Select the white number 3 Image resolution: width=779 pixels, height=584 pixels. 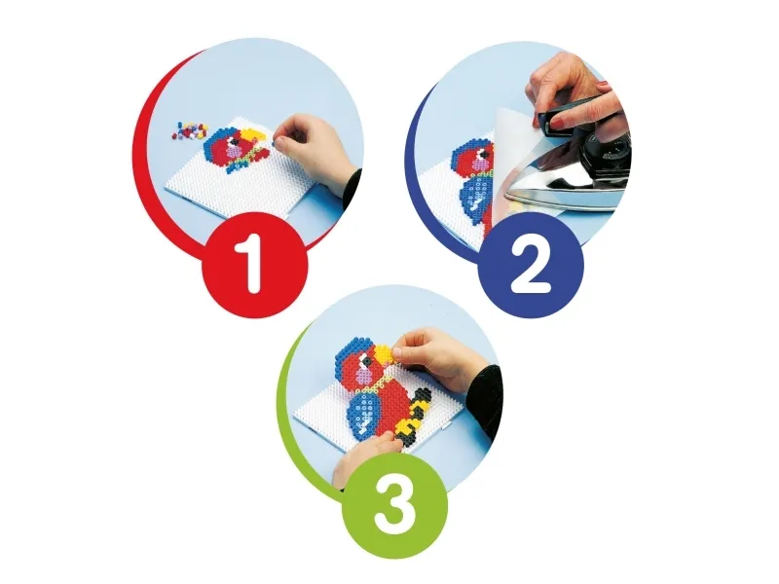click(x=395, y=504)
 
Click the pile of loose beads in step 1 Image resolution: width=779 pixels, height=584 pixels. click(x=190, y=130)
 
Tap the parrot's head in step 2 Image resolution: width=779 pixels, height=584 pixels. click(x=475, y=159)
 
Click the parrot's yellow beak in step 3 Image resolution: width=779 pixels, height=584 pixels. click(x=383, y=354)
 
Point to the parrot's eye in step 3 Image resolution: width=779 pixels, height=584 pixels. click(x=366, y=364)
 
